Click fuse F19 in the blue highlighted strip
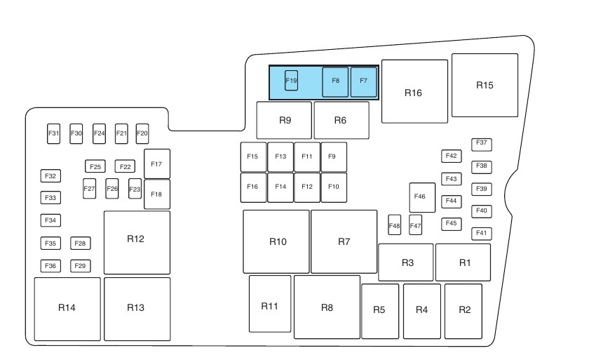pos(291,81)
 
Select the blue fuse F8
pos(335,82)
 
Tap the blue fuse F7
pos(363,82)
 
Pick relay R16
pos(414,92)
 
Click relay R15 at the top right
pos(485,85)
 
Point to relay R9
pos(285,120)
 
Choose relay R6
pos(341,120)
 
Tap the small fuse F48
pos(395,225)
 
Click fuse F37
pos(482,144)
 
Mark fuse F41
pos(482,234)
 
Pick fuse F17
pos(156,164)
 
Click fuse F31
pos(54,133)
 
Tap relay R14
pos(67,309)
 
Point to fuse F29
pos(81,266)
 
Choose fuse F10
pos(334,187)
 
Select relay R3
pos(406,262)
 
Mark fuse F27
pos(89,189)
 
